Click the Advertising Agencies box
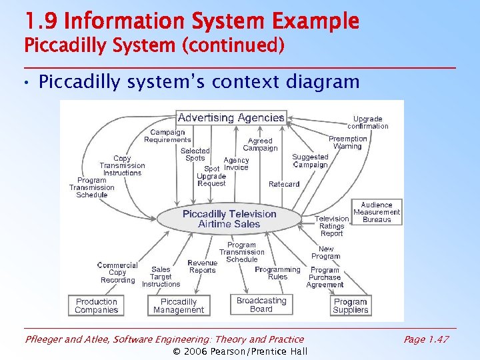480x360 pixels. click(x=231, y=118)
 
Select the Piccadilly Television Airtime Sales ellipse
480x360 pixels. click(x=229, y=219)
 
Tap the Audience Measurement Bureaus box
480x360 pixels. click(x=377, y=212)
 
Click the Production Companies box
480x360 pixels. click(x=97, y=305)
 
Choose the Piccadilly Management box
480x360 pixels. click(x=178, y=305)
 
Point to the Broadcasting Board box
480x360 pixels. click(x=261, y=305)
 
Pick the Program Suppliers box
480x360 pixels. click(x=351, y=305)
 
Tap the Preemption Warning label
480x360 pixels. click(x=347, y=143)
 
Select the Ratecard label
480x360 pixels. click(x=284, y=184)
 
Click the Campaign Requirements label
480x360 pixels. click(x=167, y=136)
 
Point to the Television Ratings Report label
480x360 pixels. click(x=331, y=226)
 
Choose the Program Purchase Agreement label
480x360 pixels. click(x=325, y=277)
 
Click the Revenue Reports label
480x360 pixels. click(x=202, y=267)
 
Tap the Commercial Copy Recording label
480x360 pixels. click(x=117, y=273)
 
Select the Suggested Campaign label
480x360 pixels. click(x=310, y=161)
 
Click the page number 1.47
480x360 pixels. click(x=426, y=339)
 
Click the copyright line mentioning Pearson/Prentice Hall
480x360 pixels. click(x=240, y=351)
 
